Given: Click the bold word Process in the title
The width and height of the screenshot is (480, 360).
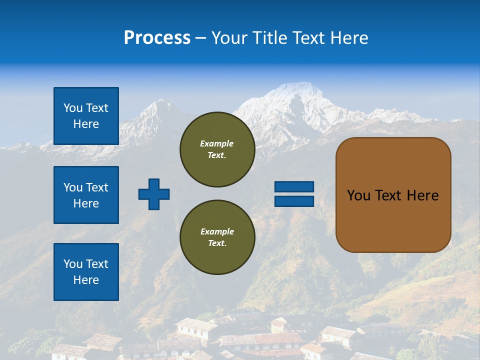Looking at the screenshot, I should [157, 38].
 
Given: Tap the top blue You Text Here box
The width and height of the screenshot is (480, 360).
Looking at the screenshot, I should [86, 116].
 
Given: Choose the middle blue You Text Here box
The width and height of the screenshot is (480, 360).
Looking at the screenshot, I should [86, 195].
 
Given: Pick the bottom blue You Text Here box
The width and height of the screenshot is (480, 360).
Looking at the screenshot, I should [86, 272].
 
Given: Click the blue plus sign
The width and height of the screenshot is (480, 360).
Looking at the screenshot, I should [154, 194].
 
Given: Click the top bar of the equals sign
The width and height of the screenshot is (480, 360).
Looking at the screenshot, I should [294, 186].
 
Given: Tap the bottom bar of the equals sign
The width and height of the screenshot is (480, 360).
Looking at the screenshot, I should [294, 201].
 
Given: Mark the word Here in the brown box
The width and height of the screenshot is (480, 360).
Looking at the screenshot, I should [422, 195].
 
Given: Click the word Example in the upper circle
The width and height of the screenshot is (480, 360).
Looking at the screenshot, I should [216, 143].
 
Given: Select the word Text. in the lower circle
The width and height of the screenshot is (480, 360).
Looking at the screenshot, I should [217, 243].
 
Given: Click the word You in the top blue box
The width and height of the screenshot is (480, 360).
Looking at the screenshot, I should [72, 108].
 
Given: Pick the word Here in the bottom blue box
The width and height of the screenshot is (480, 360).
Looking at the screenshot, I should [86, 280].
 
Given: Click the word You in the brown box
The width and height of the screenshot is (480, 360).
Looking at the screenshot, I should [358, 195].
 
